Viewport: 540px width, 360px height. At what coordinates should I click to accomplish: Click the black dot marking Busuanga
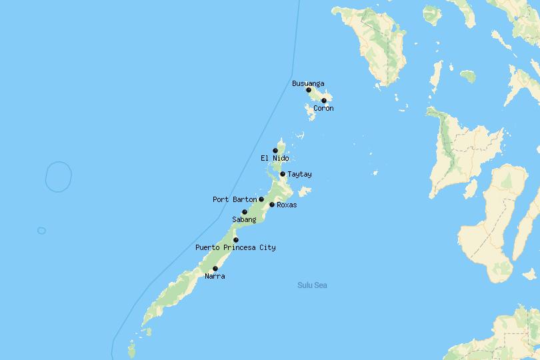(x=309, y=90)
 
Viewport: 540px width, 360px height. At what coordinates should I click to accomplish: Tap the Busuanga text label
(x=308, y=83)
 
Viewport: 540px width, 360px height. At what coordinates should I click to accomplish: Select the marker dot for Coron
(x=324, y=101)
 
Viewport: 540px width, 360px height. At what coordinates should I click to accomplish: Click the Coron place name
(x=323, y=108)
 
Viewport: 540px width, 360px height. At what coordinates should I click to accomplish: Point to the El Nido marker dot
(x=275, y=151)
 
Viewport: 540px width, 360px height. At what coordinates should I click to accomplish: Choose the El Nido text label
(x=275, y=158)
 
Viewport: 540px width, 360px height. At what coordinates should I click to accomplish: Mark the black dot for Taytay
(x=283, y=174)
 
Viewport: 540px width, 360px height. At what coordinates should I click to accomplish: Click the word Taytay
(x=299, y=174)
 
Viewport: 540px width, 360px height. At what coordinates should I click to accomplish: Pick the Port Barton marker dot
(x=261, y=199)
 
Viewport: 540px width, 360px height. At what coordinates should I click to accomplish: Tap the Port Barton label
(x=234, y=199)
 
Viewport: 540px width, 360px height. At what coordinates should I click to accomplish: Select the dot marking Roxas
(x=272, y=205)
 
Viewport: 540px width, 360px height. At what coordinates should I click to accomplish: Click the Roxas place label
(x=287, y=205)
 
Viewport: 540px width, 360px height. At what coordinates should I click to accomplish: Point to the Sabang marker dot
(x=245, y=212)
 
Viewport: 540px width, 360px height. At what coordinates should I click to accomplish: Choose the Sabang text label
(x=244, y=219)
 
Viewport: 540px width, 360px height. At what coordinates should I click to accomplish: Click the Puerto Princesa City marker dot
(x=236, y=240)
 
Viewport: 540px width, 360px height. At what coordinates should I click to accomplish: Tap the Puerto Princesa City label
(x=235, y=247)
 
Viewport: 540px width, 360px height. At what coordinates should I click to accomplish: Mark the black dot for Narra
(x=215, y=269)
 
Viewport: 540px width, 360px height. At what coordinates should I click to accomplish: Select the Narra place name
(x=215, y=276)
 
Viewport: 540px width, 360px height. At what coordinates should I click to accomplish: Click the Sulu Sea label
(x=312, y=285)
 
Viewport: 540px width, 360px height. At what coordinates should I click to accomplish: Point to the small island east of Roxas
(x=305, y=192)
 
